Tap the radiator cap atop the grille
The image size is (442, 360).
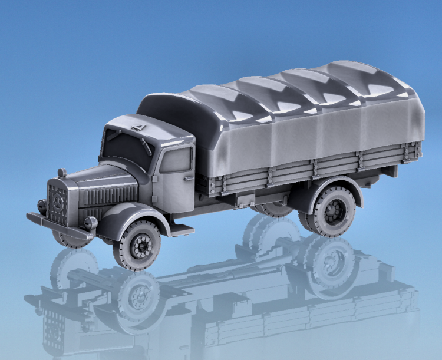tap(62, 173)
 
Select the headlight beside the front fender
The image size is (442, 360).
tap(90, 223)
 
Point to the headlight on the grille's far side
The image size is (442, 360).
tap(41, 206)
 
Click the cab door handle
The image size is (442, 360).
tap(188, 177)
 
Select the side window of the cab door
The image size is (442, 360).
tap(176, 160)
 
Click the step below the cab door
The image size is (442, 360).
tap(179, 227)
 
